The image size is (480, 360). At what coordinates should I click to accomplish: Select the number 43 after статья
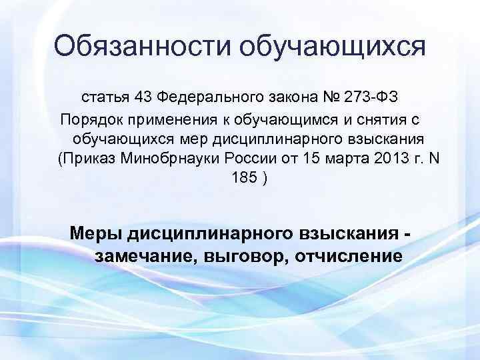tap(142, 98)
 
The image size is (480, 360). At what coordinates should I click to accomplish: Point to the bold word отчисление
tap(346, 256)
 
